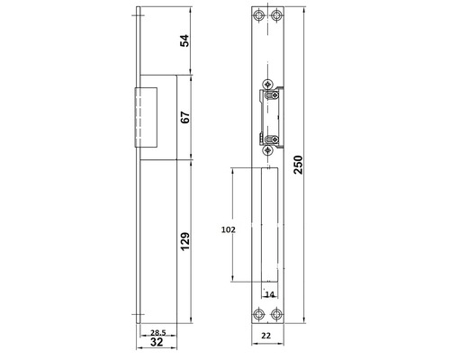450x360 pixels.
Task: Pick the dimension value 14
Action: tap(269, 294)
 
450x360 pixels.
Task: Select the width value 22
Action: tap(267, 336)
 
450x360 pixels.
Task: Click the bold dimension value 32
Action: tap(157, 342)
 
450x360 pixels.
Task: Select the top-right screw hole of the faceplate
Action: tap(276, 18)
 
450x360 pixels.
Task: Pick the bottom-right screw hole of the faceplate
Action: tap(276, 314)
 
